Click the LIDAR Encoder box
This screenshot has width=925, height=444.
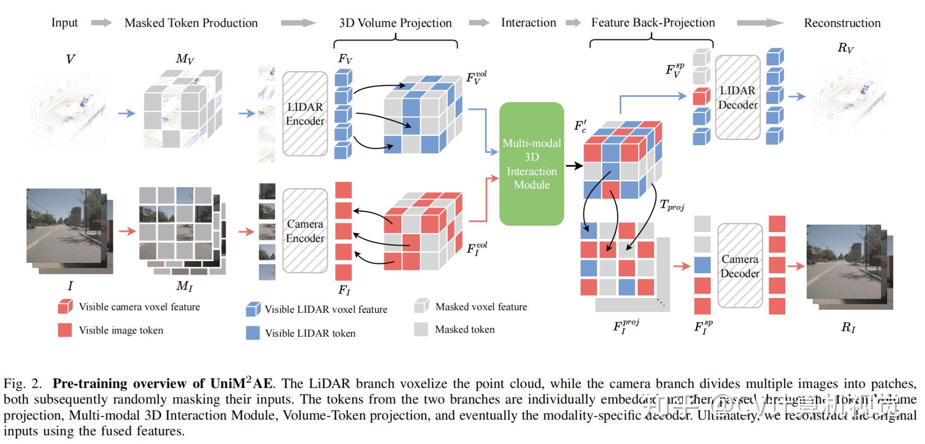pos(305,114)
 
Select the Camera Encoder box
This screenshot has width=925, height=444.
pos(305,231)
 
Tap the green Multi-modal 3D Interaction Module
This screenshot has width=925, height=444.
pos(531,164)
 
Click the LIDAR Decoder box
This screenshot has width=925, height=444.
pos(738,97)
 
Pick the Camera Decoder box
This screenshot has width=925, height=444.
pos(740,266)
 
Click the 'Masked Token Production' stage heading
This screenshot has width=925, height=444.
pos(191,23)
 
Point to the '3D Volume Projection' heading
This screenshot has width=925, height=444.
pos(395,23)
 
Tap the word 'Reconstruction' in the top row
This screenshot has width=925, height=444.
pos(842,23)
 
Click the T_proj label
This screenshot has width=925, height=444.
pos(671,205)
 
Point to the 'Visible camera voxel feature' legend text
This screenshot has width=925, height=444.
pos(139,307)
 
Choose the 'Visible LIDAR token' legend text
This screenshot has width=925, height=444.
pos(310,333)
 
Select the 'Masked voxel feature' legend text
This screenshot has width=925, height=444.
pos(481,307)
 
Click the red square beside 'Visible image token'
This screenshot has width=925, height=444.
pos(65,330)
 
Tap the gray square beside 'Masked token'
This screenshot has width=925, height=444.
pos(421,329)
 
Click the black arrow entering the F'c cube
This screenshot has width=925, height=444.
pos(574,165)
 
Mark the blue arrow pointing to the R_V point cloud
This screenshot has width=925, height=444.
pos(796,96)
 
